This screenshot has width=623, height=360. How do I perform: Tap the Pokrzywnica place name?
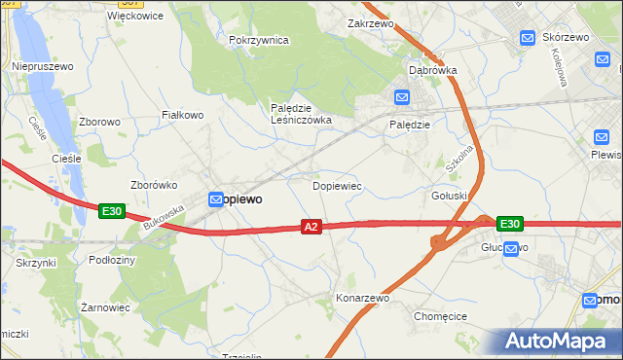tap(259, 40)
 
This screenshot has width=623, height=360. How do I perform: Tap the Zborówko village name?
tap(153, 184)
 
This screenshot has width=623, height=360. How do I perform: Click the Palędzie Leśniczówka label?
tap(301, 114)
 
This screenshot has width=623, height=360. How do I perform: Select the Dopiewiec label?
tap(337, 184)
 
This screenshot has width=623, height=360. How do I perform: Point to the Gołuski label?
tap(450, 195)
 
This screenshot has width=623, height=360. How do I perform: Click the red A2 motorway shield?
tap(311, 227)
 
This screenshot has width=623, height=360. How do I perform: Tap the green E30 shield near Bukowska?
tap(111, 210)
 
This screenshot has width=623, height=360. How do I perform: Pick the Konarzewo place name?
tap(362, 298)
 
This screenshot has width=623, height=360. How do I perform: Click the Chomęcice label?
tap(443, 316)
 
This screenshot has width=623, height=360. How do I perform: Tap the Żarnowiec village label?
tap(106, 306)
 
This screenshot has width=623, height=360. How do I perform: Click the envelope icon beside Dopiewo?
tap(216, 198)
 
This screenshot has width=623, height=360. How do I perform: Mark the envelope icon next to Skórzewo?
tap(528, 38)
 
